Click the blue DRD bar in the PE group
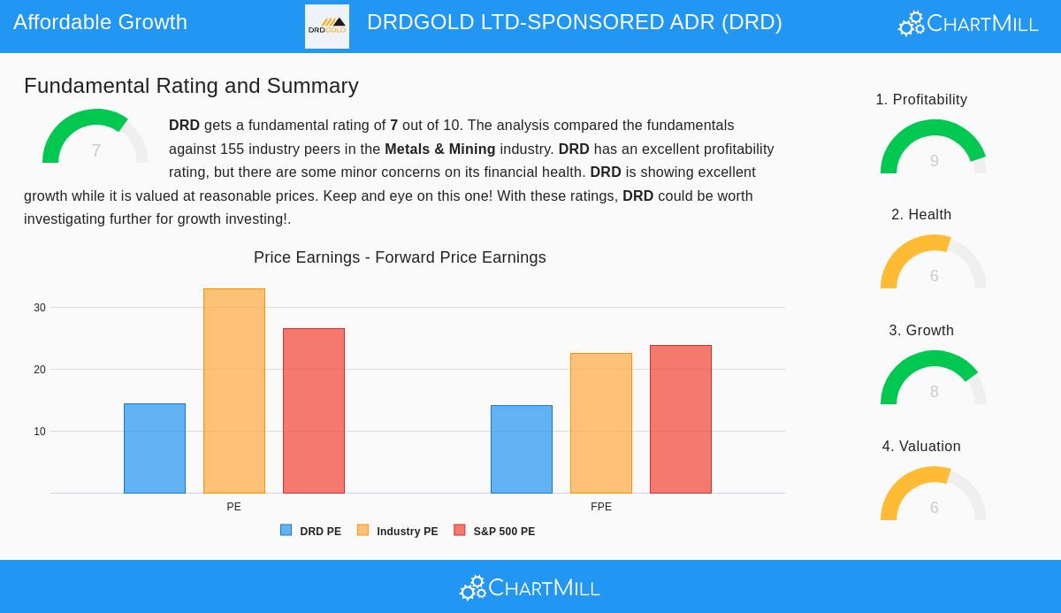coord(155,448)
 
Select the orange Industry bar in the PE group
coord(234,391)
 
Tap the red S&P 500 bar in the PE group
coord(314,410)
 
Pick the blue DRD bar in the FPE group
coord(522,449)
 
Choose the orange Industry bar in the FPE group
coord(601,423)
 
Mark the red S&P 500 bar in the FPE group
coord(681,419)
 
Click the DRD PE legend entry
coord(311,532)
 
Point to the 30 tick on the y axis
coord(40,308)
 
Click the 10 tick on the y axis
coord(40,432)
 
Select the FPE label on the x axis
coord(601,507)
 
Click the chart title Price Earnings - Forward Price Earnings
coord(400,257)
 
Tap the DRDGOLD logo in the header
coord(327,27)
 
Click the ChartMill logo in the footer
coord(530,587)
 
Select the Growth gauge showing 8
coord(934,379)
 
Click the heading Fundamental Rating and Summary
coord(191,86)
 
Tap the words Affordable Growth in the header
coord(100,22)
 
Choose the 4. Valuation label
coord(921,447)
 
